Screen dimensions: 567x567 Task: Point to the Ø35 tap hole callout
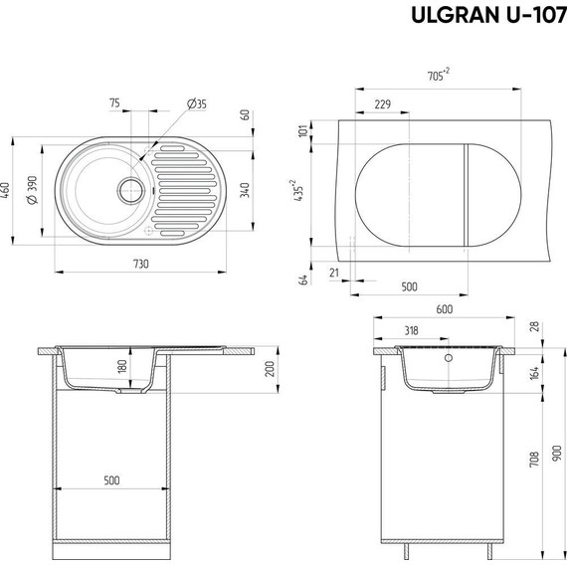tap(196, 103)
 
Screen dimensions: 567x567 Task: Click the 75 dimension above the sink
tap(114, 103)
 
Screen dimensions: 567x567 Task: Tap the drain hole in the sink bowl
tap(127, 187)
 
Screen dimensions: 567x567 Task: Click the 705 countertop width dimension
tap(436, 75)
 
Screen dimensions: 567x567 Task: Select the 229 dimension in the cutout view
tap(382, 103)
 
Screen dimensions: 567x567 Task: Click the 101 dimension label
tap(303, 133)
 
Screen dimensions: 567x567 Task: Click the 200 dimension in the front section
tap(269, 369)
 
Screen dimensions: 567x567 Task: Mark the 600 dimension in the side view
tap(444, 309)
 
